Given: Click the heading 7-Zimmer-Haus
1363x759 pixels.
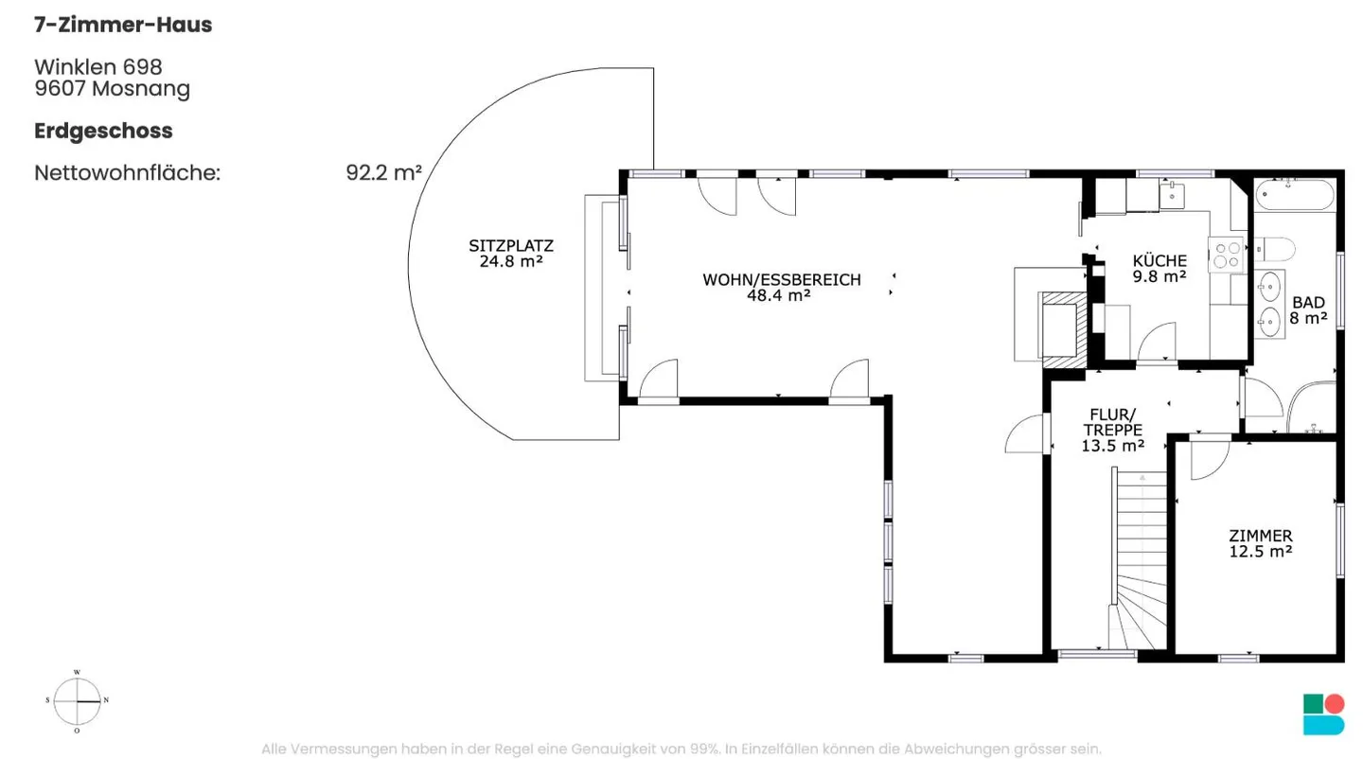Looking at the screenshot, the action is (123, 25).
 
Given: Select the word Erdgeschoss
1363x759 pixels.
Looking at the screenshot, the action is (103, 132).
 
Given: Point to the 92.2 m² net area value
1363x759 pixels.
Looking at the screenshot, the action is (384, 173).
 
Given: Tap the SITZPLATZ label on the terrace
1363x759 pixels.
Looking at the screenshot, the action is (511, 246).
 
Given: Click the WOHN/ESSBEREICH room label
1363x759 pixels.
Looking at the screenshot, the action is (782, 280).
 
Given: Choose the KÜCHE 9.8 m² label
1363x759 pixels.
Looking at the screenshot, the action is (1159, 269).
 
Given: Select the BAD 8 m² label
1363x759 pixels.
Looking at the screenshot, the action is (1308, 310).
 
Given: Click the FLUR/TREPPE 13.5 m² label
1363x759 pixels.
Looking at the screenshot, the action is (1112, 431).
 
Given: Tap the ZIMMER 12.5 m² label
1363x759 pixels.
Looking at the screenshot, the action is (1260, 544).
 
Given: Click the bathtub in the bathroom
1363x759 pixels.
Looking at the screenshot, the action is (1295, 195).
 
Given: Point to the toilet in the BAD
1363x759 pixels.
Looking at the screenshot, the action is (1275, 249).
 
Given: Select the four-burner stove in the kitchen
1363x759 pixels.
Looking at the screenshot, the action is (1226, 255).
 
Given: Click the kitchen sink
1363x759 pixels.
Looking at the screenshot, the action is (1172, 196).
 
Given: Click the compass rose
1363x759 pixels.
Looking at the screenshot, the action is (78, 700).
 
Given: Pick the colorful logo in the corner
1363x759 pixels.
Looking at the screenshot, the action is (1323, 715).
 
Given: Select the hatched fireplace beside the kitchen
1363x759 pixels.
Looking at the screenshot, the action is (1064, 329).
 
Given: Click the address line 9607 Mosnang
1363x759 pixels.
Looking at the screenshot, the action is (113, 89).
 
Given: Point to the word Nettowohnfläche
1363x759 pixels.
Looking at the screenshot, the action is (127, 173).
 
